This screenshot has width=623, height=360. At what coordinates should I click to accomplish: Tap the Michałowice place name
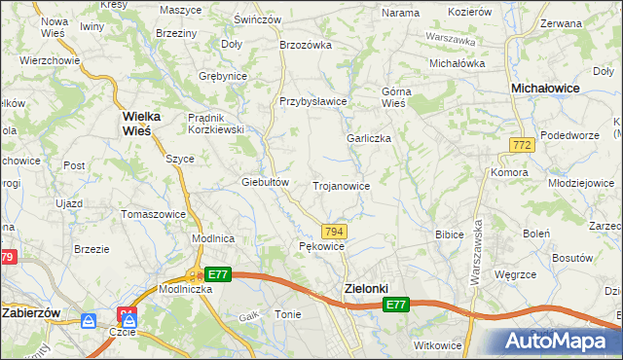click(x=553, y=88)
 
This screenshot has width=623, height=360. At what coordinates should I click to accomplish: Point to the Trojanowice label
click(x=340, y=185)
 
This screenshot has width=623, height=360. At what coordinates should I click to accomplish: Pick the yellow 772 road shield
click(x=521, y=144)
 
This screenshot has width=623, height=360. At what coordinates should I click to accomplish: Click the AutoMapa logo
click(x=561, y=341)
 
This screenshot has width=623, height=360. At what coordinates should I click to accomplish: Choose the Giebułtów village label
click(x=266, y=182)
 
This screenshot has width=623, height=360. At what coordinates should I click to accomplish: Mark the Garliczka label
click(x=369, y=138)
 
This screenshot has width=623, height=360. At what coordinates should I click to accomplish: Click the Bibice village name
click(x=449, y=234)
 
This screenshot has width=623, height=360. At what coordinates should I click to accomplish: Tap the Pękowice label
click(x=322, y=247)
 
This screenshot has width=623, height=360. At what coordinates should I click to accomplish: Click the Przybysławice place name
click(x=312, y=101)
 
